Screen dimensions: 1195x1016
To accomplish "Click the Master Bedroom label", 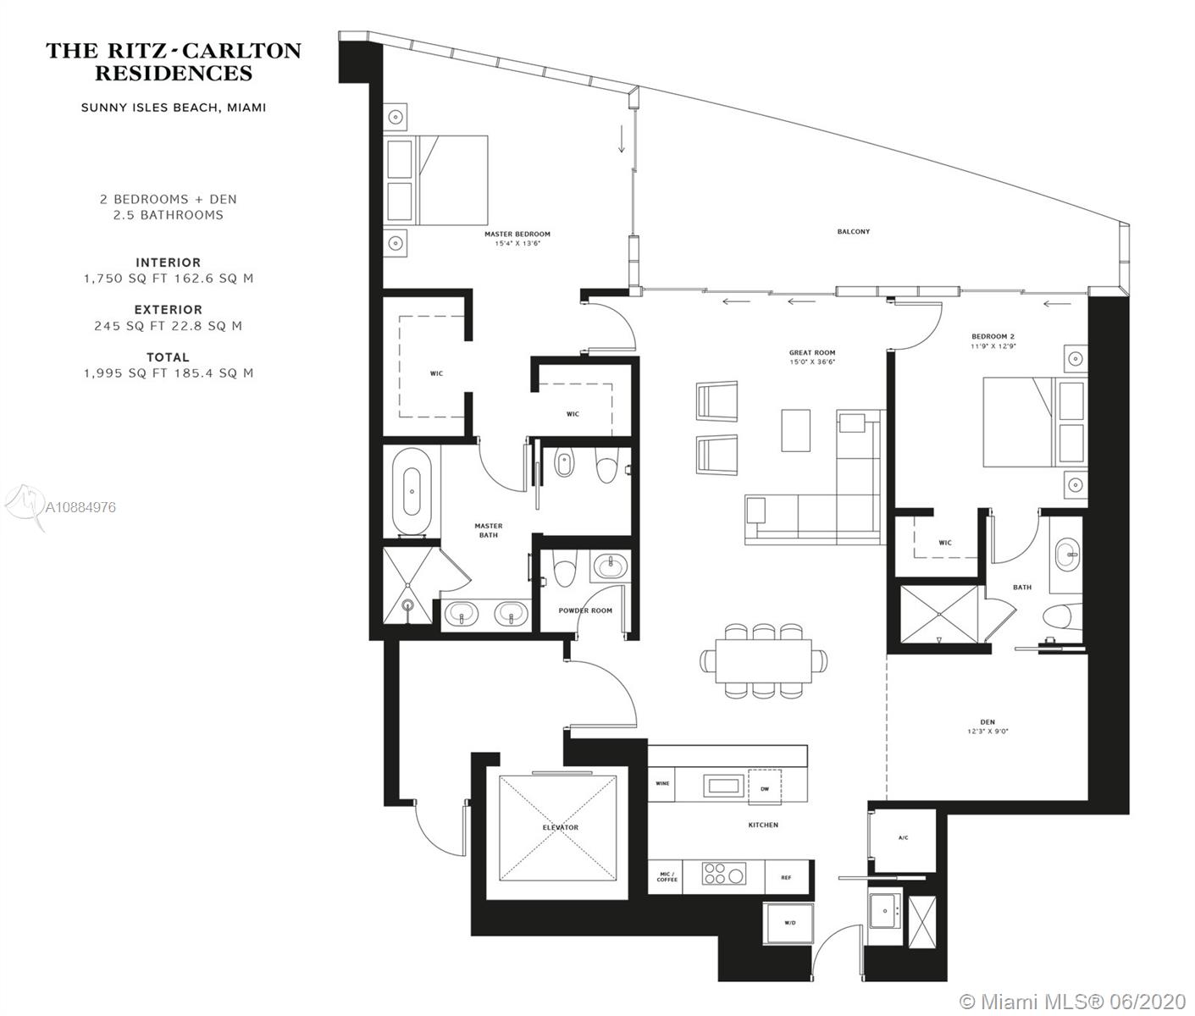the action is (x=517, y=234).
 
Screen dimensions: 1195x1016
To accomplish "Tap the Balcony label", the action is (x=854, y=232).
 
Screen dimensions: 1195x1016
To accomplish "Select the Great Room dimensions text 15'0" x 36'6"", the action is (x=812, y=362).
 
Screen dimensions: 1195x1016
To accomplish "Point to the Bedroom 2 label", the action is (x=993, y=336).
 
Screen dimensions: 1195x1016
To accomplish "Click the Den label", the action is (x=988, y=722).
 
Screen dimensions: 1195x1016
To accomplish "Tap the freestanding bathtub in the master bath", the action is (x=412, y=491).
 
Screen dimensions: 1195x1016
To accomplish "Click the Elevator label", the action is (x=560, y=827).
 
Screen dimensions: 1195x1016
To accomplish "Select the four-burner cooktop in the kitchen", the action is (x=724, y=873).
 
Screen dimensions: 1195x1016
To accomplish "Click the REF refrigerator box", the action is (x=786, y=876).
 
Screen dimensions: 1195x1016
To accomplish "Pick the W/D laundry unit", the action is (x=789, y=923).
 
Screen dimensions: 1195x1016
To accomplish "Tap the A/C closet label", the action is (x=903, y=837).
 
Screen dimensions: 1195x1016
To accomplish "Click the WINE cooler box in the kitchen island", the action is (x=662, y=784).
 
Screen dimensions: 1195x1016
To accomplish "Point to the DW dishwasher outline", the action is (x=764, y=787).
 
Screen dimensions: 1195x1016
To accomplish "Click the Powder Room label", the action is (x=585, y=610).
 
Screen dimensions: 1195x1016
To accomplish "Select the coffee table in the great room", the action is (x=795, y=430).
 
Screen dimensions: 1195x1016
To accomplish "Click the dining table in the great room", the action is (x=763, y=660).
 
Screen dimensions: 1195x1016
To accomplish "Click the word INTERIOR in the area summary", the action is (x=169, y=262).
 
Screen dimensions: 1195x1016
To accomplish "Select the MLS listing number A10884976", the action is (x=80, y=507).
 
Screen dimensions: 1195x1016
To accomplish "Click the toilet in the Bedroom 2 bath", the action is (x=1063, y=616).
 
